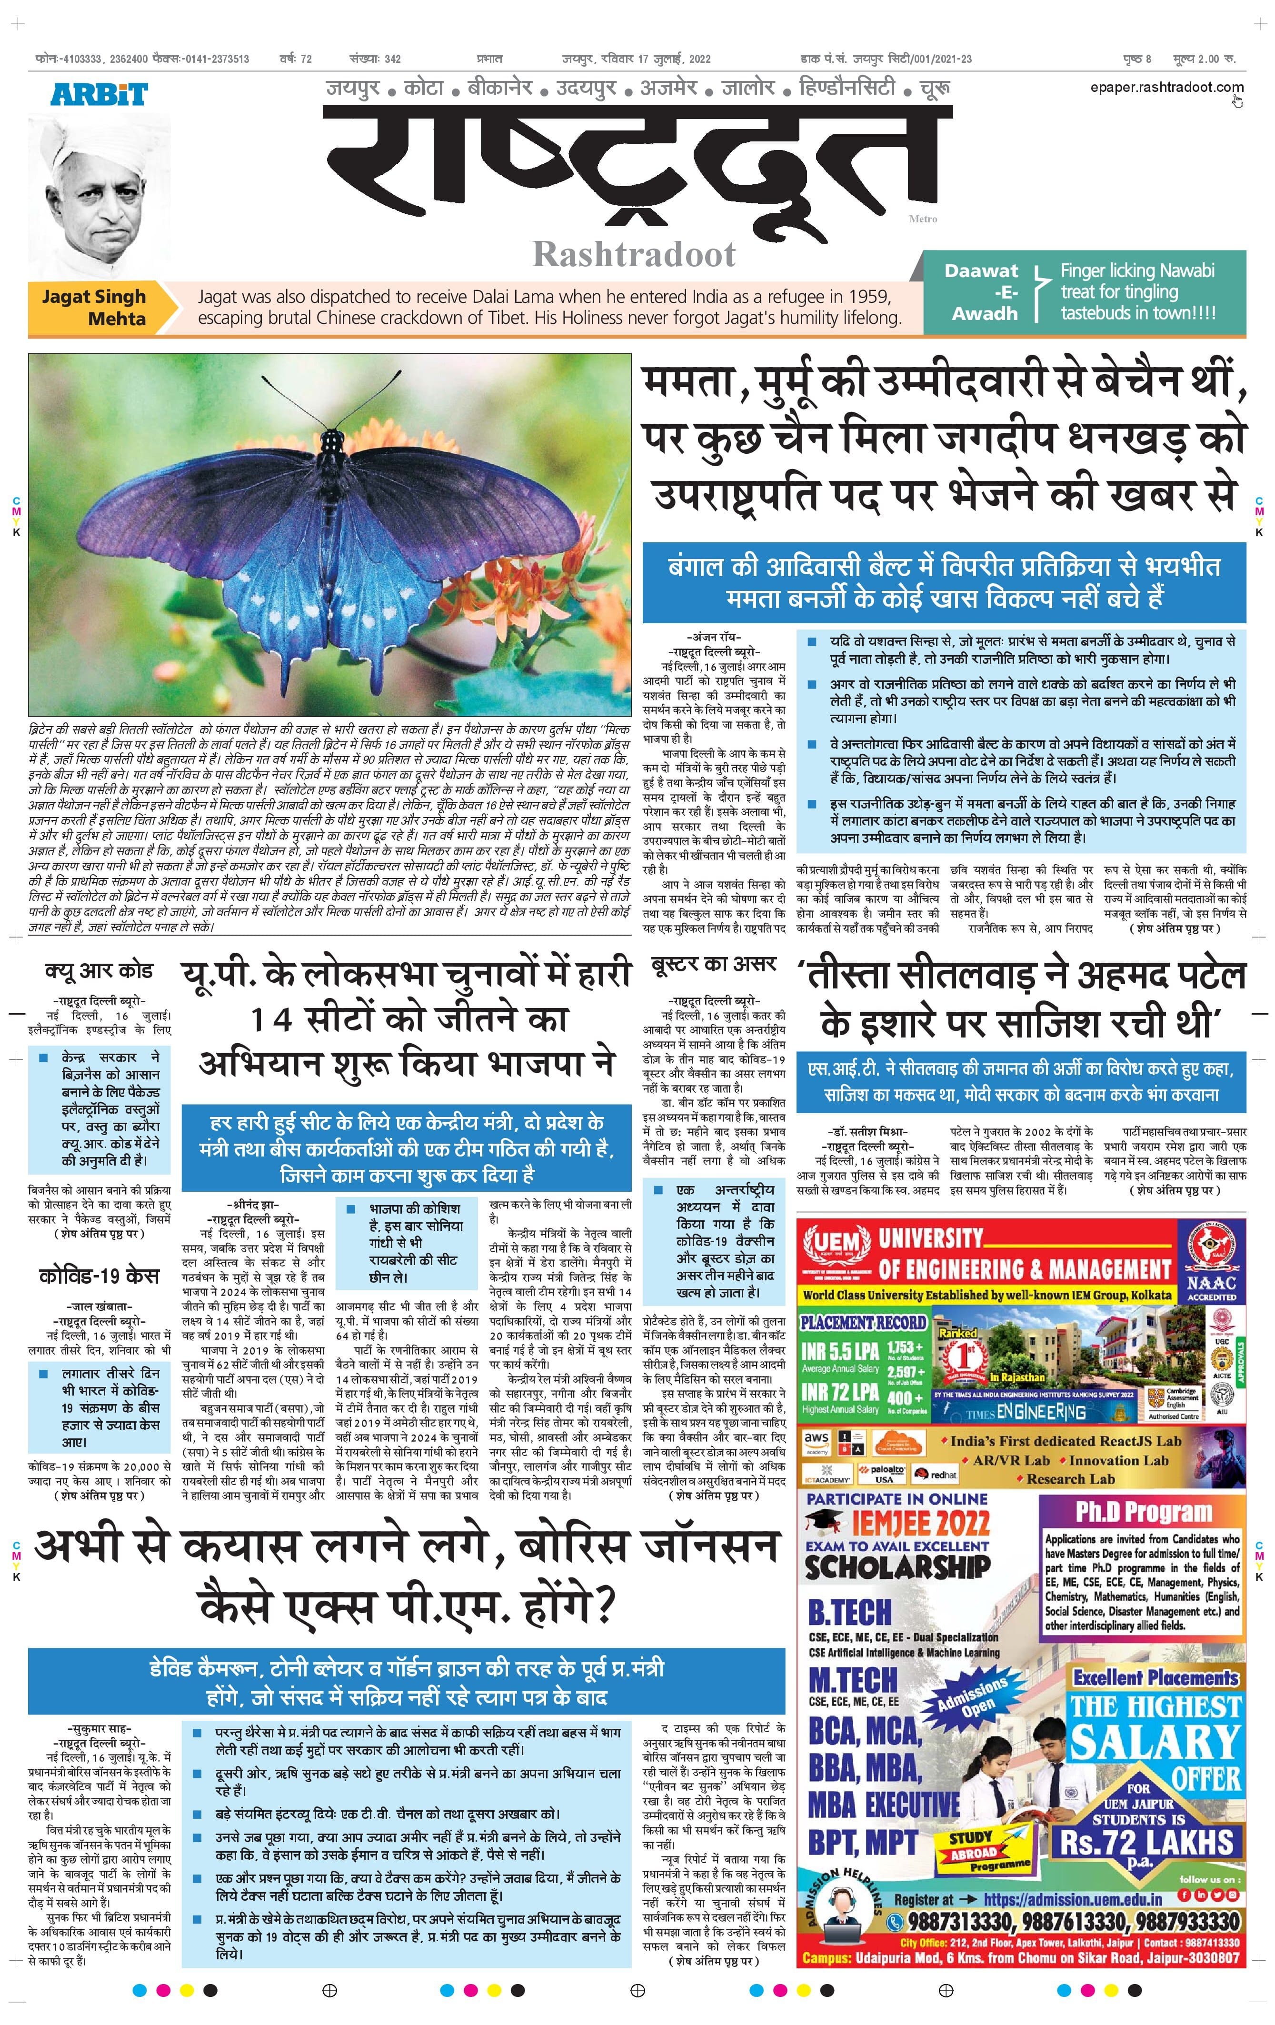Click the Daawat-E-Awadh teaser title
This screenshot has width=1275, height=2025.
tap(981, 292)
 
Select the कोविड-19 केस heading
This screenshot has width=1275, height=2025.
tap(99, 1276)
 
